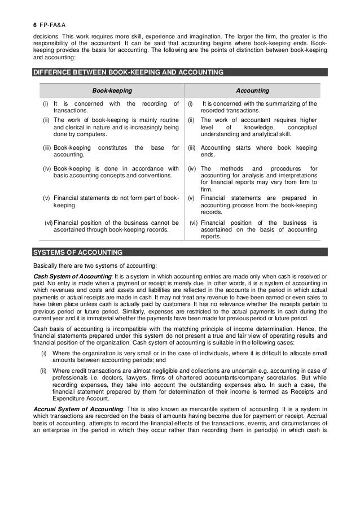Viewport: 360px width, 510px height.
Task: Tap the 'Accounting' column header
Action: [x=252, y=90]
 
